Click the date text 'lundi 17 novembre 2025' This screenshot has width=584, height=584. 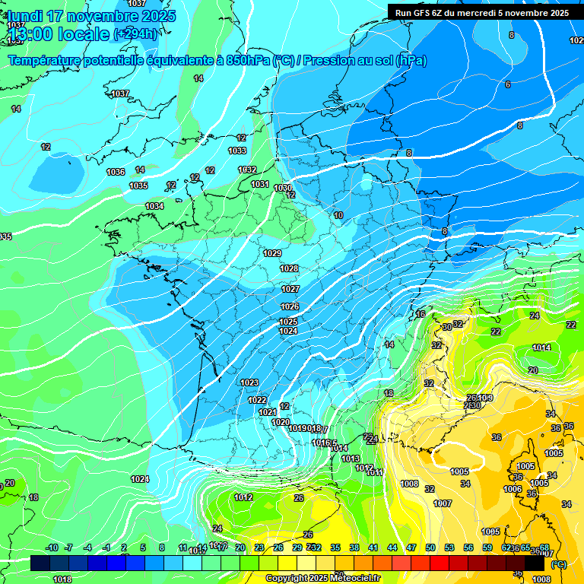coord(91,16)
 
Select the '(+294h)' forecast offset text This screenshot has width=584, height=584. coord(136,34)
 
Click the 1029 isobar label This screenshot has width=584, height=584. coord(272,253)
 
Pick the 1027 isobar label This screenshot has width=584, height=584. coord(290,289)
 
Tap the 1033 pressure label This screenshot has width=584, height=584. coord(237,151)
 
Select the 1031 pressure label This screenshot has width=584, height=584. coord(260,184)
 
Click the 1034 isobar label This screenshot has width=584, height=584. coord(154,206)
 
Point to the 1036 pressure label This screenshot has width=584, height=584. coord(116,172)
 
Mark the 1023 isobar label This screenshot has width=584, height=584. coord(249,382)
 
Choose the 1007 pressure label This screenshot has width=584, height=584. coord(443,503)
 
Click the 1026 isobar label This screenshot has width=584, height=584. coord(289,306)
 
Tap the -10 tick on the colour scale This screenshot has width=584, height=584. coord(52,547)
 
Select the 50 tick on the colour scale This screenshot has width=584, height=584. coord(430,547)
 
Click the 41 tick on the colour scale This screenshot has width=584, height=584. coord(373,547)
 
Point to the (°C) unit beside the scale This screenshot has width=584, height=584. coord(558,564)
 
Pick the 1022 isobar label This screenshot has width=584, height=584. coord(258,400)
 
